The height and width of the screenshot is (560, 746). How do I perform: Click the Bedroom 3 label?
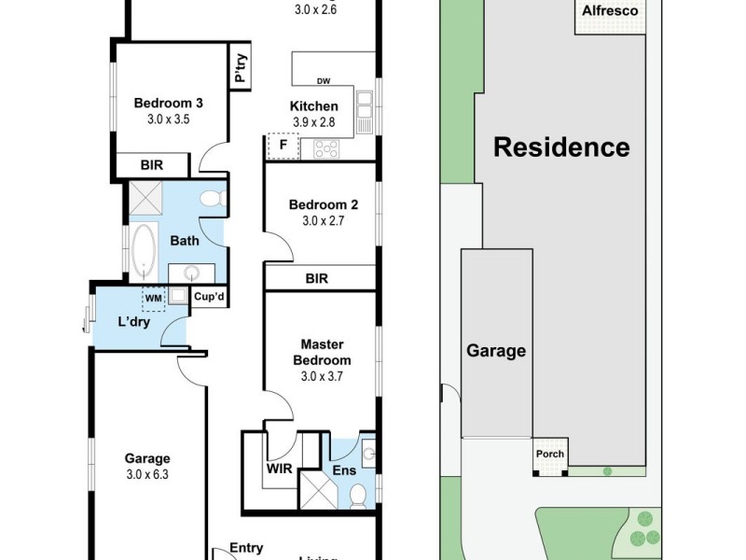pos(169,104)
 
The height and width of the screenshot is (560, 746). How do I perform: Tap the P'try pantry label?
pos(242,69)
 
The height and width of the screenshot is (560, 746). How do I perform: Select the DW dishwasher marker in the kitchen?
pos(324,80)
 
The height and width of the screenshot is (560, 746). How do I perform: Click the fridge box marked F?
pos(283,146)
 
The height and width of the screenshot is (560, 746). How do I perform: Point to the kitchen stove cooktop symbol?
pos(327,147)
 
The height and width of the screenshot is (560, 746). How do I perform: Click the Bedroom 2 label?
pos(324,205)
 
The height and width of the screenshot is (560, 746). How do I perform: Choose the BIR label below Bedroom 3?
pos(152,165)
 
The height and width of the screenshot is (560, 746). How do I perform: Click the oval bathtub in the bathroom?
pos(145,252)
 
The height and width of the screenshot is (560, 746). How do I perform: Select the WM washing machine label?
pos(152,298)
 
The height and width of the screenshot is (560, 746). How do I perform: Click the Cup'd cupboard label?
pos(209,298)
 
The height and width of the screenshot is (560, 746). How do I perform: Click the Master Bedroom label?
pos(323,352)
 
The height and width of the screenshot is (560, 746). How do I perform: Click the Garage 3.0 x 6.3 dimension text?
pos(148,473)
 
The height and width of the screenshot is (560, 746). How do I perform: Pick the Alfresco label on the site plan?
pos(609,12)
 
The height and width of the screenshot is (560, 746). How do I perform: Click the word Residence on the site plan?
pos(561,147)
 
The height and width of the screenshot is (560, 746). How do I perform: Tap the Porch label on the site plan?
pos(548,455)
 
